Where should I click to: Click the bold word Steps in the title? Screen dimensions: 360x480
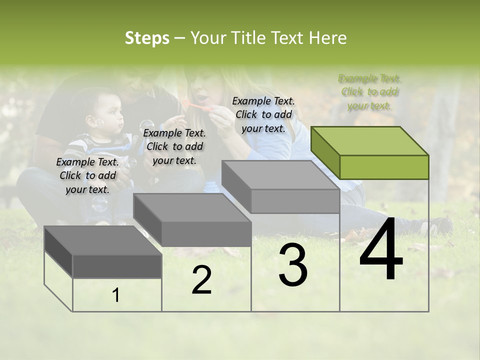pos(147,38)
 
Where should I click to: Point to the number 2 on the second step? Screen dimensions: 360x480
pos(201,280)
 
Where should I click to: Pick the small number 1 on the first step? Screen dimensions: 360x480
pos(116,295)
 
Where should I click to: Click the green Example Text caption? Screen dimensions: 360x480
pos(369,91)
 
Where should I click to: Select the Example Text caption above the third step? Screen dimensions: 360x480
pos(263,114)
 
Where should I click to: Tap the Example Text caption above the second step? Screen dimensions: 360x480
pos(174,146)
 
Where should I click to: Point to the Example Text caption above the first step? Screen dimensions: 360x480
pos(87,175)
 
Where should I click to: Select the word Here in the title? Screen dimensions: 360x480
pos(329,38)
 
